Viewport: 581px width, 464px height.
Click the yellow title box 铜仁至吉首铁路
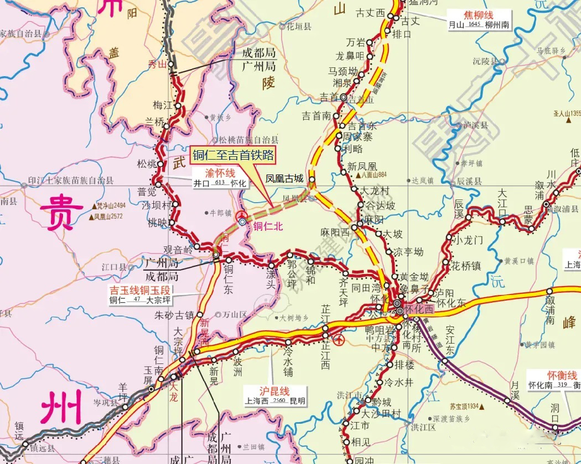pos(232,155)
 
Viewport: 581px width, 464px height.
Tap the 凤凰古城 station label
pos(284,179)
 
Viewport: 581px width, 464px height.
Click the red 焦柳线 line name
pos(478,15)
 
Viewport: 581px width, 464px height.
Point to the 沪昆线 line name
pos(275,391)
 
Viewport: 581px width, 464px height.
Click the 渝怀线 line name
pos(220,174)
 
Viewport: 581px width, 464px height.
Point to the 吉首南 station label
pos(316,116)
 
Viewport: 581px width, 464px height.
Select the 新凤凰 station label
pos(362,166)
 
